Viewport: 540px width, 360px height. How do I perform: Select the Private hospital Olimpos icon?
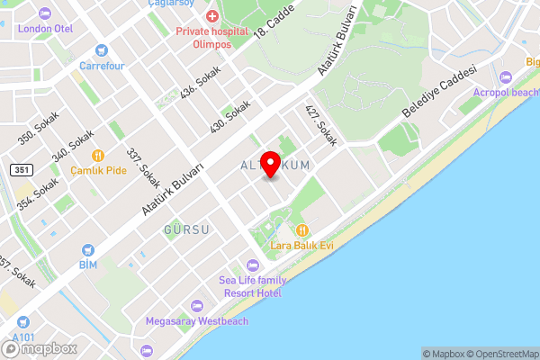pos(211,17)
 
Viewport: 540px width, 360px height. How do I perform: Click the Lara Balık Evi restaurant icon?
pos(302,230)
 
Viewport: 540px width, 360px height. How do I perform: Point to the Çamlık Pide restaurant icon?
pos(99,155)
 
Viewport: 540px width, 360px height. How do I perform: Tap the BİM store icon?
pos(87,249)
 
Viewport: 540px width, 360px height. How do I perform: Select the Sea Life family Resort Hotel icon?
pos(251,265)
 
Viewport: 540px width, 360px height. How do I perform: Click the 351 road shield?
pos(21,170)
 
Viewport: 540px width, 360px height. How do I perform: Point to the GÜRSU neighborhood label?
pos(187,230)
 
